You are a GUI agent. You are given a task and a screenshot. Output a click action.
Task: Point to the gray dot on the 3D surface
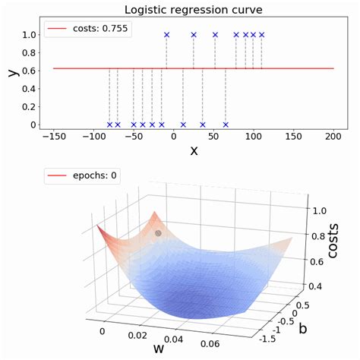tap(158, 233)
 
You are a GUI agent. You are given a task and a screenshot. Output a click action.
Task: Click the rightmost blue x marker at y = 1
tap(262, 35)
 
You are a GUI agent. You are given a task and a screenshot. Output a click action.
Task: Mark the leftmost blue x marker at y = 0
tap(109, 125)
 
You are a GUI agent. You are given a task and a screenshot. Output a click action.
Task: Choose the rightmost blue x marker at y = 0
tap(226, 125)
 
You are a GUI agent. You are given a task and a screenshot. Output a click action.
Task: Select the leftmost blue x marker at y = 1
tap(167, 35)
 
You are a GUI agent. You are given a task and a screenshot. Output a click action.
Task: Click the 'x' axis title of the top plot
tap(194, 150)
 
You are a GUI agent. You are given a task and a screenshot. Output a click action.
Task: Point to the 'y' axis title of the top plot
tap(10, 72)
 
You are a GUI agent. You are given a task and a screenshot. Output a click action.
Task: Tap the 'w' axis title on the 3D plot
tap(160, 350)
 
